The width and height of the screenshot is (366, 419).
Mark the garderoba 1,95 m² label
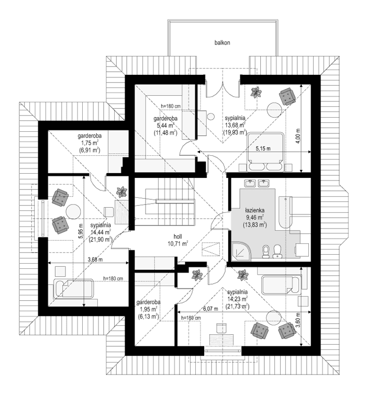click(148, 309)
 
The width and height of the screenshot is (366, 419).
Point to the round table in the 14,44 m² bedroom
click(72, 211)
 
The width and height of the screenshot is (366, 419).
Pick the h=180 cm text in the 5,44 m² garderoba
click(171, 106)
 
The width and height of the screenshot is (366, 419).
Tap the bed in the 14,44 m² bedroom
click(73, 288)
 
